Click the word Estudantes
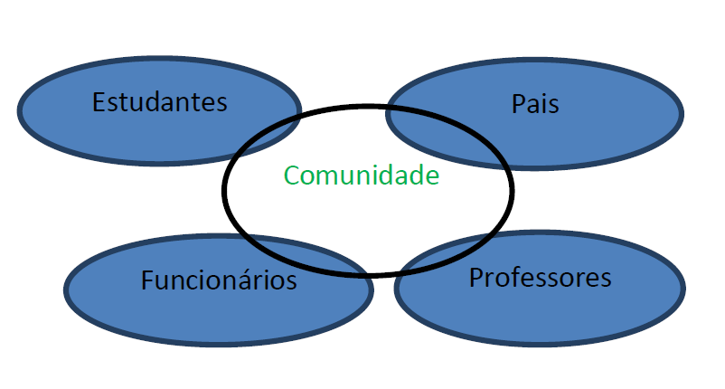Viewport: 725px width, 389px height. click(159, 101)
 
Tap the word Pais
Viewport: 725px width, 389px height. click(535, 104)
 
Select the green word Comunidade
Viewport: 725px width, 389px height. click(361, 176)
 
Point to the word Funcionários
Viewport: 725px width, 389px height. click(219, 280)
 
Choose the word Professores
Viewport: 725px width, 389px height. click(540, 277)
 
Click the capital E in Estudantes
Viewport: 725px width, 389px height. click(99, 101)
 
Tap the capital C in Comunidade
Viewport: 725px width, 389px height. click(291, 176)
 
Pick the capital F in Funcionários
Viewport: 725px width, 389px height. click(147, 280)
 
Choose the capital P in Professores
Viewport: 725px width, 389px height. click(475, 277)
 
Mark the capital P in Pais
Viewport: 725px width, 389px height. click(518, 104)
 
